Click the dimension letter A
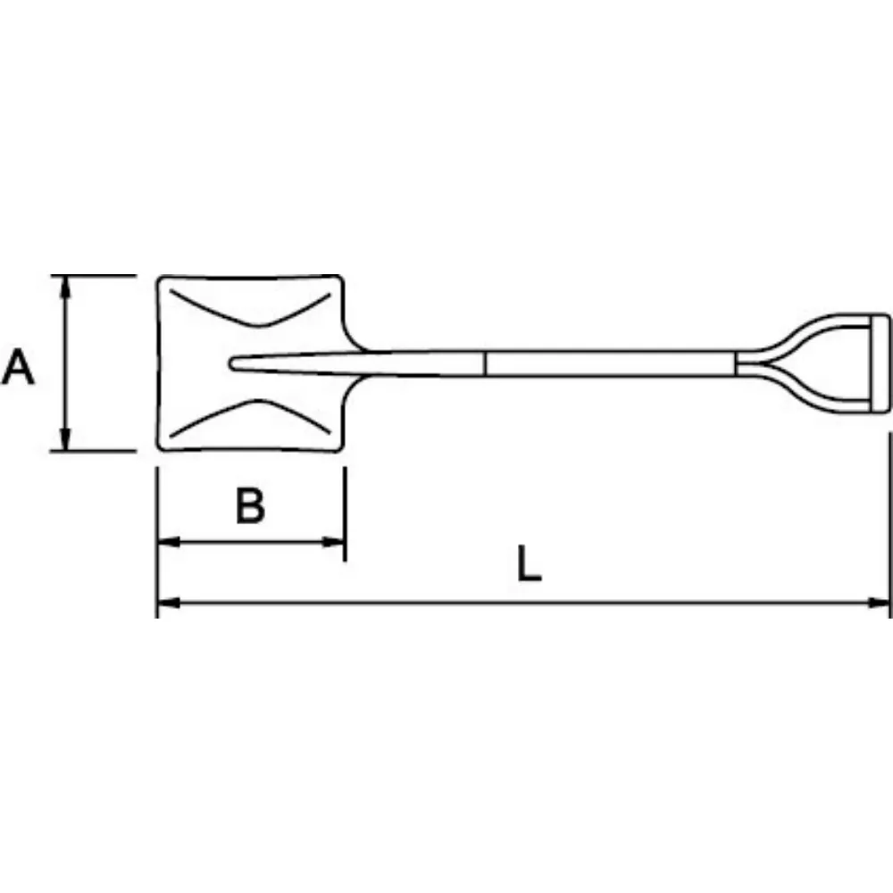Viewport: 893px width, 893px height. tap(19, 368)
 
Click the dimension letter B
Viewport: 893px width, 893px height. tap(251, 506)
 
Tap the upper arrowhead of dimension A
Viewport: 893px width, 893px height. tap(65, 284)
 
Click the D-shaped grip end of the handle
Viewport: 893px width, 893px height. tap(878, 363)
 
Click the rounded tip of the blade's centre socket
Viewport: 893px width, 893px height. tap(234, 363)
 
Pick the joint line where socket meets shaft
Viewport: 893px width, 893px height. tap(485, 363)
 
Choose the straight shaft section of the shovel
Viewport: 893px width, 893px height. tap(607, 363)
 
